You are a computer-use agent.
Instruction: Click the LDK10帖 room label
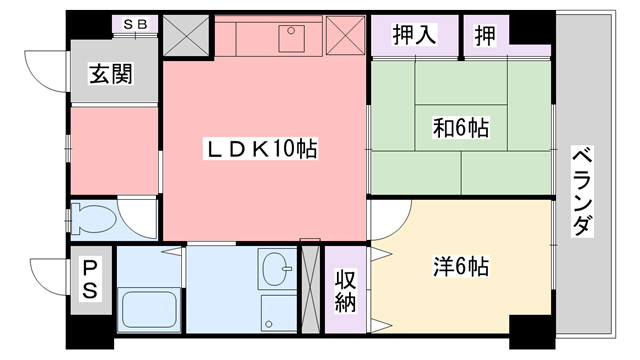tap(261, 150)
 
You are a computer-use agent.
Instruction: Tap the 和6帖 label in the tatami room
tap(460, 128)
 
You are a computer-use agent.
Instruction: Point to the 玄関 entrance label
tap(111, 74)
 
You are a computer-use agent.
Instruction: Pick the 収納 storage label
tap(345, 288)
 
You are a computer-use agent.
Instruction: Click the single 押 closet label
tap(485, 35)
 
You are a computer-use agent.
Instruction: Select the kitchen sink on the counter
tap(292, 39)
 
